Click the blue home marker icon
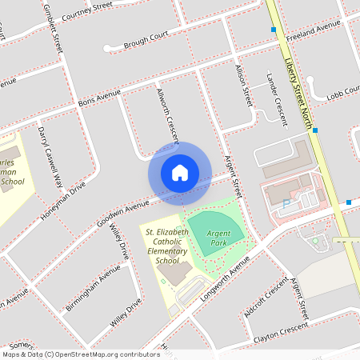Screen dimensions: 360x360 (180, 173)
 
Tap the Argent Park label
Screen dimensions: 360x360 (218, 237)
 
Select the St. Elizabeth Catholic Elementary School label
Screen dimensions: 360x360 (167, 246)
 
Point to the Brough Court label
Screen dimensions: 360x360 (146, 41)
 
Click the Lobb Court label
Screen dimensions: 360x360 (342, 95)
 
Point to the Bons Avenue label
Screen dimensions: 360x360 (99, 98)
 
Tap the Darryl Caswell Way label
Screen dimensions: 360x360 (50, 156)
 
